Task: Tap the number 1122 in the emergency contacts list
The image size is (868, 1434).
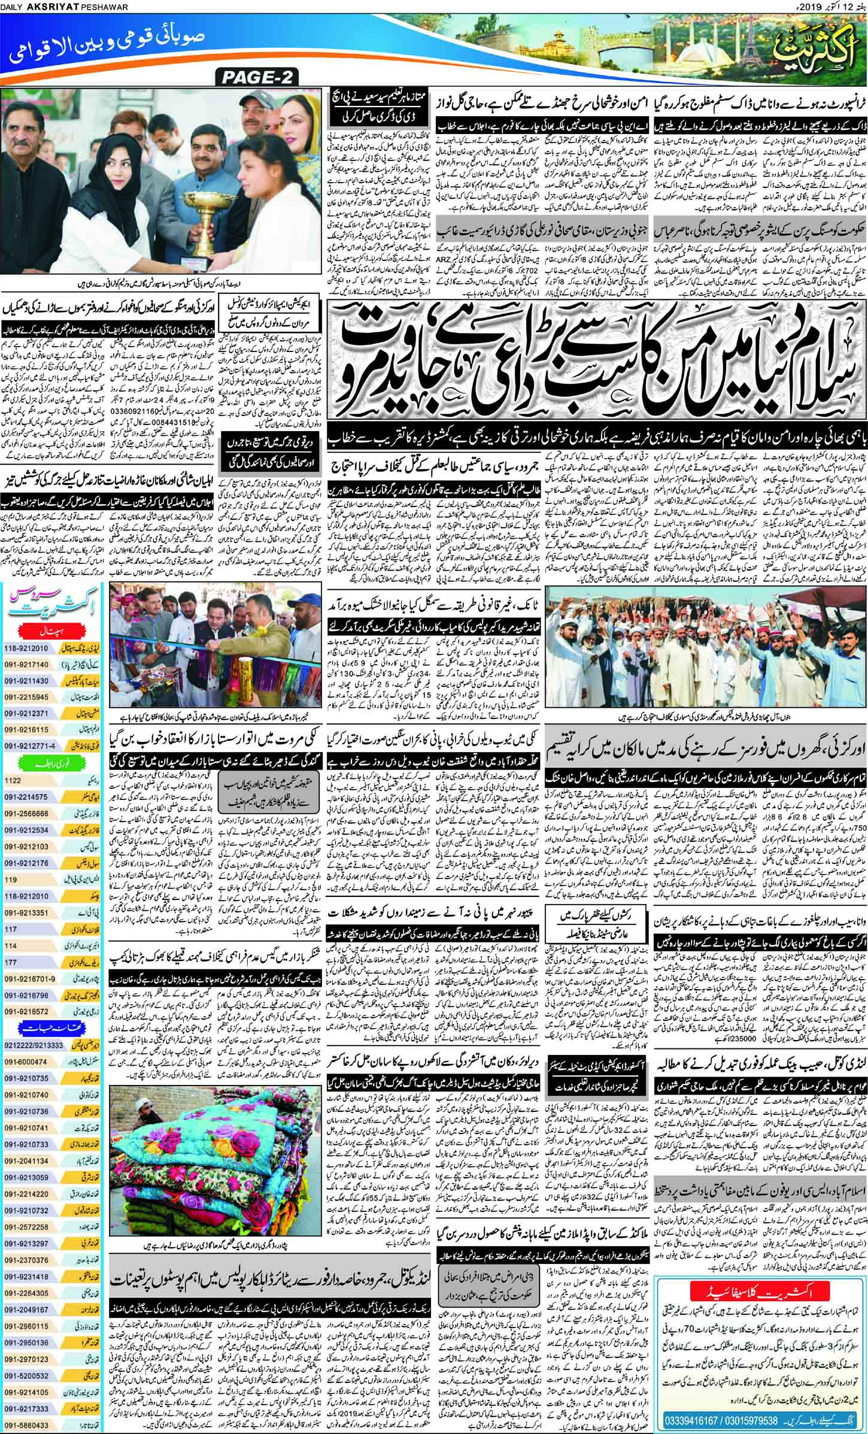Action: tap(13, 781)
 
